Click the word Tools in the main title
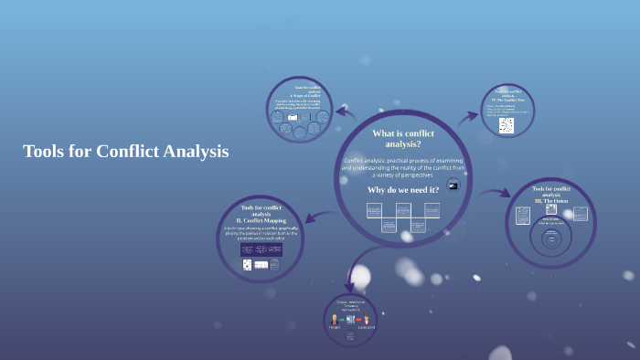tap(42, 152)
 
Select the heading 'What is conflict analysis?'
tap(402, 138)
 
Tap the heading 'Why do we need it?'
tap(402, 189)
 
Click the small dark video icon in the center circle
tap(452, 185)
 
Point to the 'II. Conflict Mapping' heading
tap(260, 220)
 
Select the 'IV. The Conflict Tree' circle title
tap(507, 98)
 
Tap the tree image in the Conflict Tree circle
tap(506, 125)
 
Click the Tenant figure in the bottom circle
tap(334, 320)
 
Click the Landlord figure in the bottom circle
tap(367, 320)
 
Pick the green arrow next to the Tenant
tap(342, 320)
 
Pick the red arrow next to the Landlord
tap(358, 320)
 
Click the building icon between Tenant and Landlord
tap(350, 320)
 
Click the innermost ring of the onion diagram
tap(551, 241)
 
